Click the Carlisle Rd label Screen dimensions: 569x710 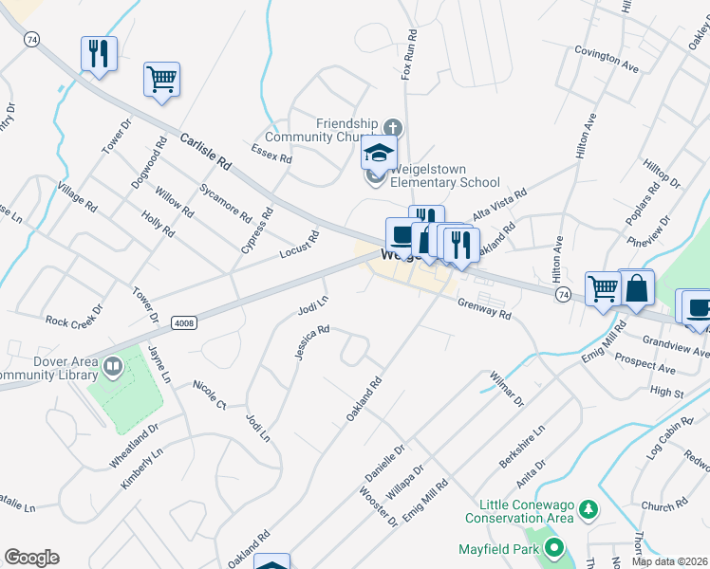click(204, 151)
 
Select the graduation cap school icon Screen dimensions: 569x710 click(379, 153)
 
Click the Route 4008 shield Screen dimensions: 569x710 click(184, 323)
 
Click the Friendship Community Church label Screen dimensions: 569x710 click(347, 131)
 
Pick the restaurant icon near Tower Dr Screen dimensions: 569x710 click(99, 53)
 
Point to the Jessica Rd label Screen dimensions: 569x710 click(311, 343)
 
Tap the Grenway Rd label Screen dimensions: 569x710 click(484, 308)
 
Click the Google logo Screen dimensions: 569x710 click(31, 558)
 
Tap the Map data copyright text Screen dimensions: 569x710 click(670, 561)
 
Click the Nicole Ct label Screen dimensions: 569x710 click(209, 395)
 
